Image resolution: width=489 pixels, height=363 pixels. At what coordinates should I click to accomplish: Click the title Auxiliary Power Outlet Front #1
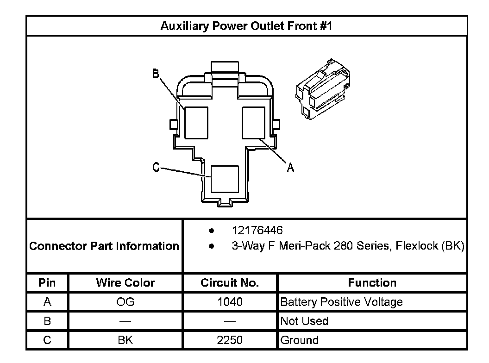(x=246, y=26)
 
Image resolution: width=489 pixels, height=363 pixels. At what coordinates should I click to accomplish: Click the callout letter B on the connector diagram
(x=156, y=74)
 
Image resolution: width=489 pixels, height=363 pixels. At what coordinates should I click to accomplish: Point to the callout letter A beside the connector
(x=290, y=167)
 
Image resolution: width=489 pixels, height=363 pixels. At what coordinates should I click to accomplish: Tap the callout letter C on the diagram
(x=156, y=167)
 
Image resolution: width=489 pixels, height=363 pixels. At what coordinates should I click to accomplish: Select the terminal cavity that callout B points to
(x=196, y=122)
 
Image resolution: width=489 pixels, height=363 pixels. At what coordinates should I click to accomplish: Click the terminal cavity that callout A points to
(x=254, y=122)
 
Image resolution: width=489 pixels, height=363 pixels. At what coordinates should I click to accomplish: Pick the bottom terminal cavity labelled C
(x=225, y=179)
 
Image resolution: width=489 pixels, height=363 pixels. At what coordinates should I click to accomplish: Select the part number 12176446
(x=257, y=230)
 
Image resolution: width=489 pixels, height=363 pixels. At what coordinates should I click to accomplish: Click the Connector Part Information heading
(x=104, y=246)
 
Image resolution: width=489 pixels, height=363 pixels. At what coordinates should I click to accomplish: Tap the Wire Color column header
(x=125, y=283)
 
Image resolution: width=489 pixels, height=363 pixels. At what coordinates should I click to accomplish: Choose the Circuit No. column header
(x=230, y=283)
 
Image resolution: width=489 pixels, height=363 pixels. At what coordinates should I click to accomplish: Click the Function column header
(x=372, y=283)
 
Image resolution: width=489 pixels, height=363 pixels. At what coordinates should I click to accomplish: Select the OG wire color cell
(x=125, y=302)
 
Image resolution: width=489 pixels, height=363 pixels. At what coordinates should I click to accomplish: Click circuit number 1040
(x=230, y=302)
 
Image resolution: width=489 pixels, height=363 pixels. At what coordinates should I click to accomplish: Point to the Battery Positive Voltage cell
(x=341, y=302)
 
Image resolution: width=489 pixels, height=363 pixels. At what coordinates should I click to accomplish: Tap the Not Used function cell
(x=304, y=321)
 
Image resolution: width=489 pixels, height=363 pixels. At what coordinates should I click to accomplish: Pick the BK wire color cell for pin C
(x=125, y=340)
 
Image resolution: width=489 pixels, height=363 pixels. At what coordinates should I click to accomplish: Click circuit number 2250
(x=230, y=340)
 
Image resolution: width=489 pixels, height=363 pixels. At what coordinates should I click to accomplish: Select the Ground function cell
(x=300, y=340)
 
